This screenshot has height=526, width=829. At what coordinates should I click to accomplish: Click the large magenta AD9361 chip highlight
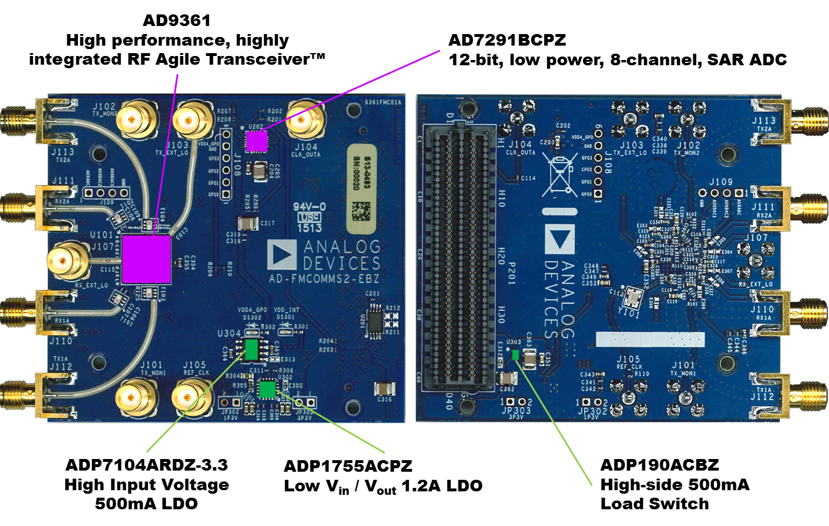pos(146,259)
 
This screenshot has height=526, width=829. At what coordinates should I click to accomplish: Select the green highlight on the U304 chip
pos(251,349)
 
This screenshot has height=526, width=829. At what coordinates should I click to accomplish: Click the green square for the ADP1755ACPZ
pos(267,389)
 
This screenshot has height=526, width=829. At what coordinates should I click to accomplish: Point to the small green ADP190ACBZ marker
pos(515,355)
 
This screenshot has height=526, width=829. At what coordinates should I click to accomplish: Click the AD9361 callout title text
pos(177,21)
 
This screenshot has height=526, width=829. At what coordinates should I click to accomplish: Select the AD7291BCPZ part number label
pos(507,40)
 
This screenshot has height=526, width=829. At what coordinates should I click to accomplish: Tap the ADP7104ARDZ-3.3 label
pos(147,465)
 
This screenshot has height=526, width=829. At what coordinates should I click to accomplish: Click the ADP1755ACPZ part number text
pos(348,467)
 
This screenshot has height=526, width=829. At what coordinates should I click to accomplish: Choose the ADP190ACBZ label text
pos(660,465)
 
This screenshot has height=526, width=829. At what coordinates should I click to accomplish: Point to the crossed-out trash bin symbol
pos(559,174)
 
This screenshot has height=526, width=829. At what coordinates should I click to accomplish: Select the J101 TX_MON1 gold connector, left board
pos(136,397)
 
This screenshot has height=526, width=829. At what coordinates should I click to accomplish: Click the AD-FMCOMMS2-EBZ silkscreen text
pos(324,278)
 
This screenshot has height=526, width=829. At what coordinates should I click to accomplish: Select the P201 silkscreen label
pos(511,273)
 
